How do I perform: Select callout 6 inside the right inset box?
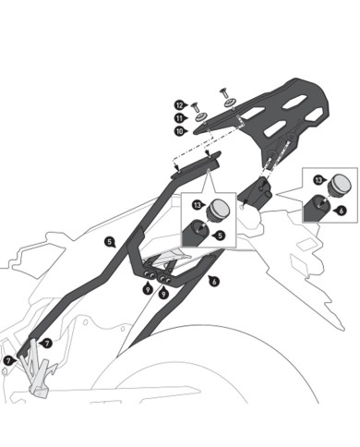pyautogui.click(x=342, y=211)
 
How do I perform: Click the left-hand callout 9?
pyautogui.click(x=148, y=289)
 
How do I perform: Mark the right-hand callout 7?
pyautogui.click(x=47, y=343)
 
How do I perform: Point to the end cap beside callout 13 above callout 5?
pyautogui.click(x=221, y=207)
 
